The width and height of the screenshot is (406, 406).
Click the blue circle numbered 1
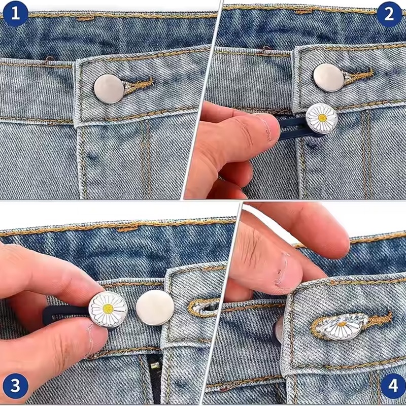pyautogui.click(x=15, y=14)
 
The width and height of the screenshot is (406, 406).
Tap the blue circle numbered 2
pyautogui.click(x=389, y=14)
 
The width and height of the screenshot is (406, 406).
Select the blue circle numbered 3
pyautogui.click(x=16, y=386)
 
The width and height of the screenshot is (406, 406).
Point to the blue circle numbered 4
pyautogui.click(x=393, y=386)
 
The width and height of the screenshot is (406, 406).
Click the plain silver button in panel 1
pyautogui.click(x=109, y=89)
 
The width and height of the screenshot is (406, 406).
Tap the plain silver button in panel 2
pyautogui.click(x=328, y=78)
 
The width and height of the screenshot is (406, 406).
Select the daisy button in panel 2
pyautogui.click(x=322, y=118)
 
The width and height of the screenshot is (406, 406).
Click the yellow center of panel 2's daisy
pyautogui.click(x=322, y=118)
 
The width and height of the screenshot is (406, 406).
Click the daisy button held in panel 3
pyautogui.click(x=108, y=310)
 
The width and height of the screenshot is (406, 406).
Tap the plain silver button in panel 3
pyautogui.click(x=155, y=308)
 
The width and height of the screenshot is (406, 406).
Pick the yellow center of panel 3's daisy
pyautogui.click(x=108, y=309)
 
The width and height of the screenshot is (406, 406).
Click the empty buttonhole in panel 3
pyautogui.click(x=204, y=308)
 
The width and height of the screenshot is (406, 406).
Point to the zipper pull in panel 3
pyautogui.click(x=155, y=365)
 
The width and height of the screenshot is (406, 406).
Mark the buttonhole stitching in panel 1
pyautogui.click(x=138, y=85)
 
